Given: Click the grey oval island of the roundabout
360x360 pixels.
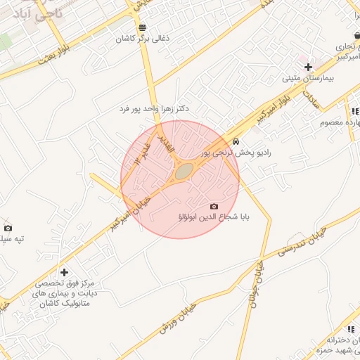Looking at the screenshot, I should click(184, 171).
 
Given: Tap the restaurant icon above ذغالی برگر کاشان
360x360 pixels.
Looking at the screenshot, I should click(143, 28).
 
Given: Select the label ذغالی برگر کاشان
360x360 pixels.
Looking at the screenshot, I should click(143, 39).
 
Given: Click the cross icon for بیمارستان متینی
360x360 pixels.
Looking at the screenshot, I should click(308, 66).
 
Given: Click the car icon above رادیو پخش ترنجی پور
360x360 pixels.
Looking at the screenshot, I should click(235, 141).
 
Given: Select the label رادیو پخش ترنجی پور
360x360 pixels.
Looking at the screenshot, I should click(235, 152).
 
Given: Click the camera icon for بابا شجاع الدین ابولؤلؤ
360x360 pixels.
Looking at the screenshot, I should click(214, 206).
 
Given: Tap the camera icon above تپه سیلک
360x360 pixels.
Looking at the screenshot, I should click(8, 228).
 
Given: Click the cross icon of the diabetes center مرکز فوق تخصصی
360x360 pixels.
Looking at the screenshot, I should click(65, 272).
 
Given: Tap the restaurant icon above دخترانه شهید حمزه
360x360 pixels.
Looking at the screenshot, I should click(349, 328).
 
